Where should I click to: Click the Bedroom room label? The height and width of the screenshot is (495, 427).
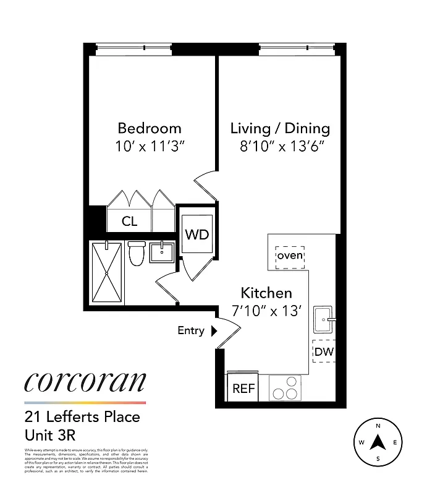[x=150, y=128]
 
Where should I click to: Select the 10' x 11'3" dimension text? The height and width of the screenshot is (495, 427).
[x=150, y=147]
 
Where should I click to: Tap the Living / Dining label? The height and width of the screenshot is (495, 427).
[x=280, y=128]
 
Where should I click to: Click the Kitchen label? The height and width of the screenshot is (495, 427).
[x=266, y=293]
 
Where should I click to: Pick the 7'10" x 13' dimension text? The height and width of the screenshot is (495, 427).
[x=266, y=311]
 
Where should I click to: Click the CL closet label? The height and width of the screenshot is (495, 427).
[x=129, y=222]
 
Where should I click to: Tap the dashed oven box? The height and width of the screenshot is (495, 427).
[x=290, y=256]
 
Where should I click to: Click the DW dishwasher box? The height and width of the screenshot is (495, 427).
[x=323, y=353]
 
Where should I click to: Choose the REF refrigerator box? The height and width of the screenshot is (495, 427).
[x=243, y=389]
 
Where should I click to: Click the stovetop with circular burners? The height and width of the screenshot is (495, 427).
[x=285, y=389]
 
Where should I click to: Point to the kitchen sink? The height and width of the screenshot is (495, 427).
[x=324, y=318]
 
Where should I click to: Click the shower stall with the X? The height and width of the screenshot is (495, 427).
[x=106, y=273]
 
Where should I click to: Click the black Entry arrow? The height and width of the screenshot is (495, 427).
[x=214, y=331]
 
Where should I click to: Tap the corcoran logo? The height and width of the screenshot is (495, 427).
[x=85, y=382]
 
